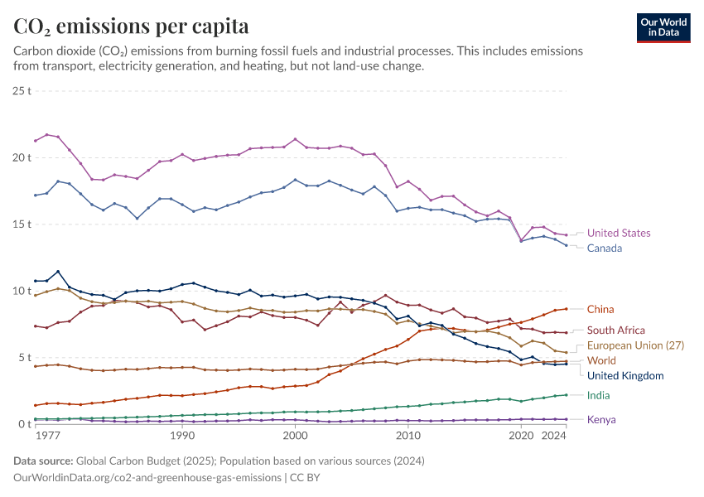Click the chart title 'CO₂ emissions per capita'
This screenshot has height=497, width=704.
[131, 27]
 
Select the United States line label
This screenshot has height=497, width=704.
[619, 234]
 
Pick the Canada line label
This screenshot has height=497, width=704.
[604, 248]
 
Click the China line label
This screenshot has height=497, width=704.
[600, 310]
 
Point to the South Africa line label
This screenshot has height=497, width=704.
[615, 331]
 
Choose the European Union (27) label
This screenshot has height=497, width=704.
[636, 345]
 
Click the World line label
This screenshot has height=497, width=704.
[601, 361]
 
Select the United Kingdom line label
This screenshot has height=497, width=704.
[625, 376]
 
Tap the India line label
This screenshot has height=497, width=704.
[599, 396]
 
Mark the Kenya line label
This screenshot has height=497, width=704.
[601, 420]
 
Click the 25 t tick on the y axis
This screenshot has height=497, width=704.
[22, 90]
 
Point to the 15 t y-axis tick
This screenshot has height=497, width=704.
[22, 224]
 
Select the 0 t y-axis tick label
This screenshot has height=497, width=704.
[25, 424]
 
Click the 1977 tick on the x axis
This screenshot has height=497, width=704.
[47, 435]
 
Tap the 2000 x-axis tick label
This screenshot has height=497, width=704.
[295, 435]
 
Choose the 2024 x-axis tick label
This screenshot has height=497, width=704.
[554, 435]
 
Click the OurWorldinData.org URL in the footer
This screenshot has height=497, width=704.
[146, 478]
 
